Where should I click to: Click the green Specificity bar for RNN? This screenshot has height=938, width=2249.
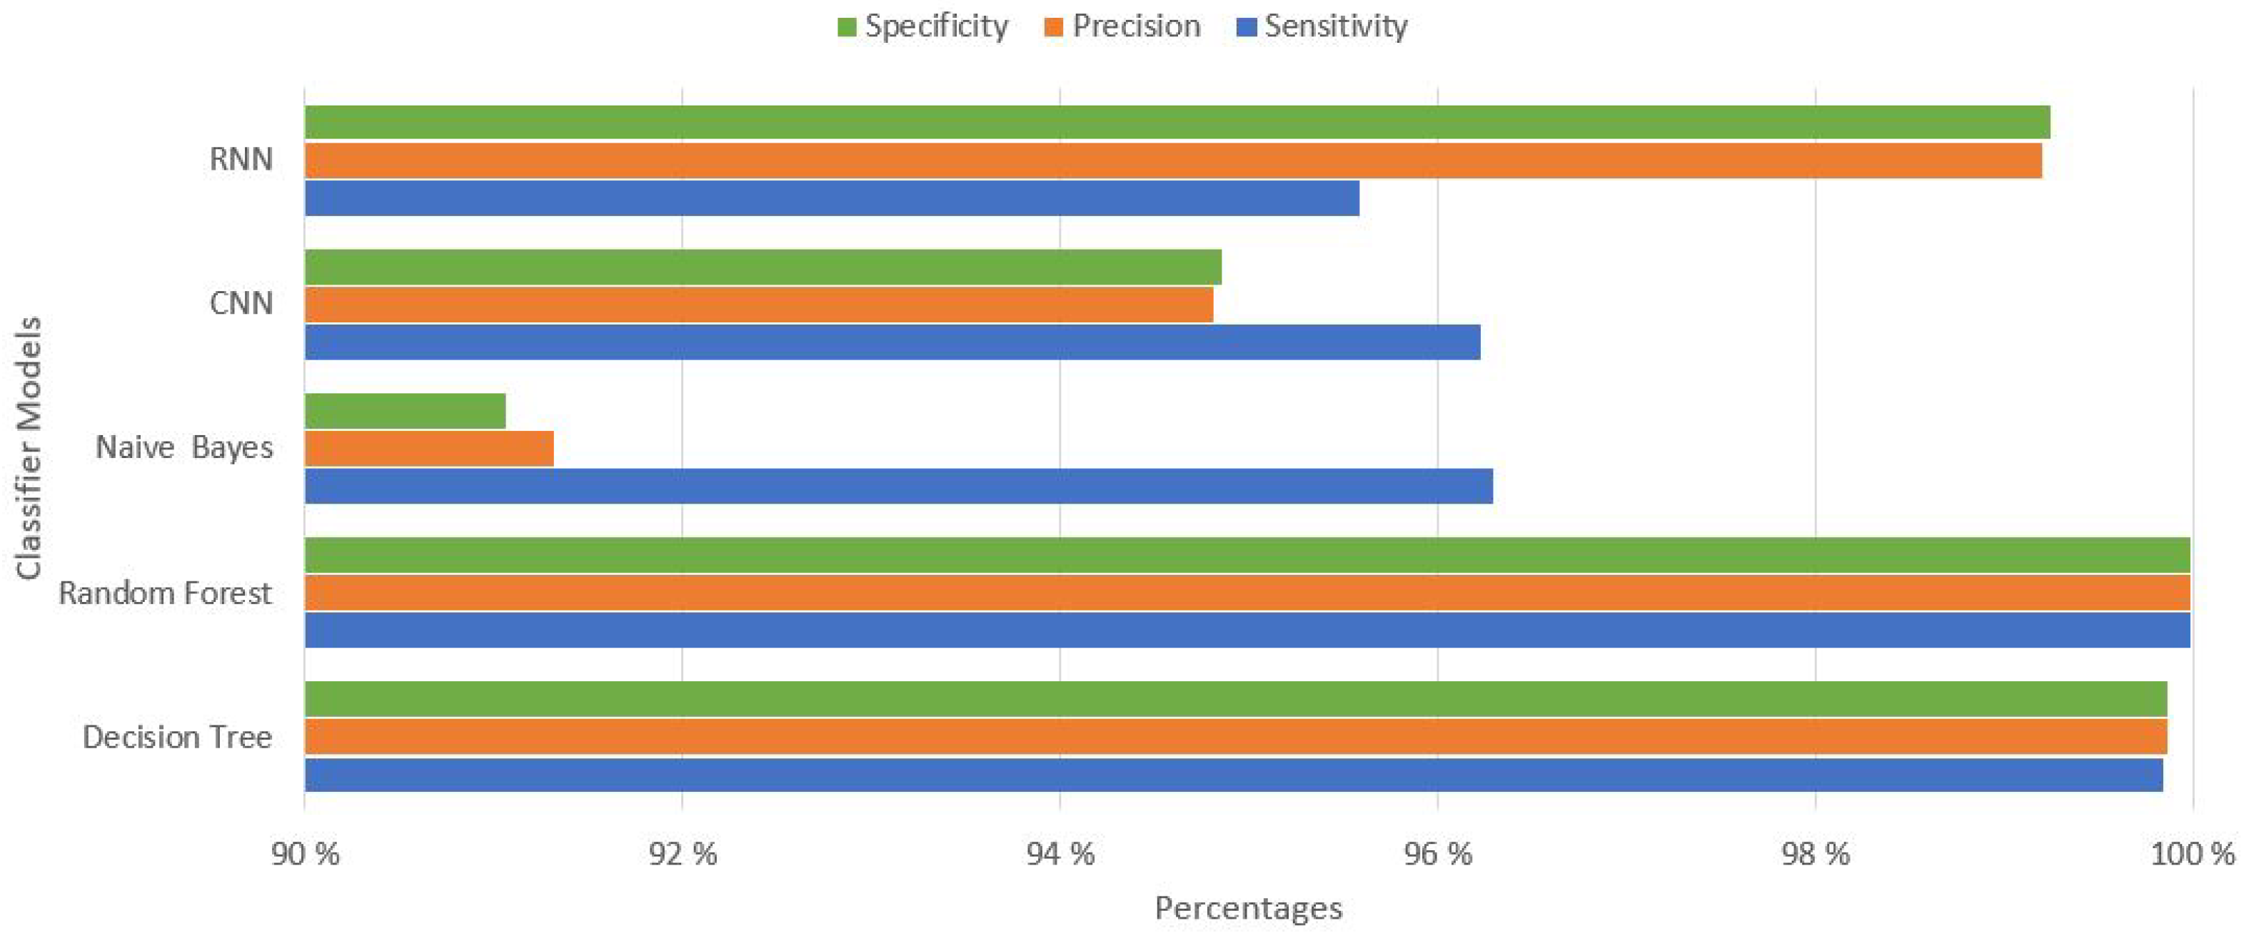(x=1177, y=122)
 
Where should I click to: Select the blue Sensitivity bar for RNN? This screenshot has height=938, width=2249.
(x=831, y=198)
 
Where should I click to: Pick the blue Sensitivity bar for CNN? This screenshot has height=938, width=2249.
(x=892, y=342)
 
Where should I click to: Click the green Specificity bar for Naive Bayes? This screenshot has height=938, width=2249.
(x=405, y=411)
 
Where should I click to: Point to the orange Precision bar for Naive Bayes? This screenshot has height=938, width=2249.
(x=428, y=449)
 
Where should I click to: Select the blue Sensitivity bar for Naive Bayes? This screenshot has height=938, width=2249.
(x=898, y=486)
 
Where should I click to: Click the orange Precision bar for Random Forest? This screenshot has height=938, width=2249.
(x=1247, y=593)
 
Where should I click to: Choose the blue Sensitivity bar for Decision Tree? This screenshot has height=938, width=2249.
(x=1233, y=775)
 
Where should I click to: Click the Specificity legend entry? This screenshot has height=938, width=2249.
(x=923, y=26)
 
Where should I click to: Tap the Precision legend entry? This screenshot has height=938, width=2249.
(x=1123, y=26)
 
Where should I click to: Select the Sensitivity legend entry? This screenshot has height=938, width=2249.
(x=1323, y=26)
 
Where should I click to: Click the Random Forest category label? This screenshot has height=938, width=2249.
(x=165, y=593)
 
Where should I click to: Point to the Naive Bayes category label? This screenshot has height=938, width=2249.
(x=184, y=448)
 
